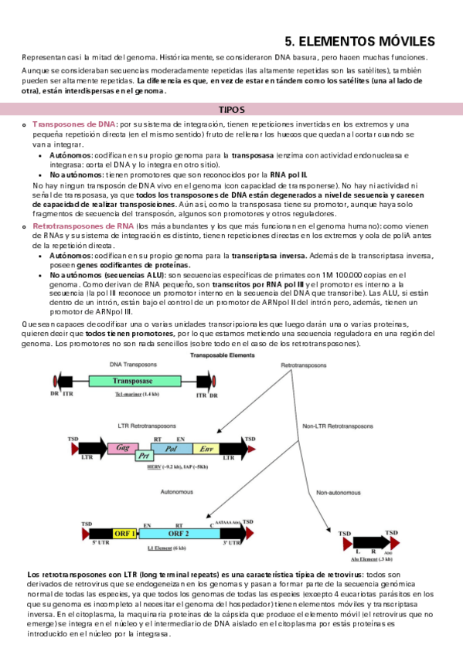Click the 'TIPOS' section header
231,110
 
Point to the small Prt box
142,456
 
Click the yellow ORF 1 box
127,533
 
